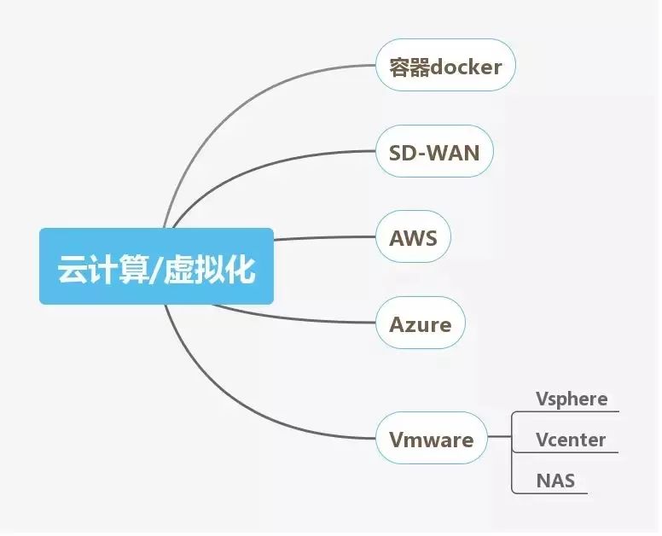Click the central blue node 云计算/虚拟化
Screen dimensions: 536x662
(156, 266)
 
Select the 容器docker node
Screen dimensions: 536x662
(445, 66)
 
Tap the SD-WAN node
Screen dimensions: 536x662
(434, 153)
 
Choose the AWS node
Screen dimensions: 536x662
(413, 237)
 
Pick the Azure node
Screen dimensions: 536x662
(420, 324)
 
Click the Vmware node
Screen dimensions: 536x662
(431, 440)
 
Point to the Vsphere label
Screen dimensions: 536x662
(572, 399)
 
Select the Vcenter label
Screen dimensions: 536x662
(571, 440)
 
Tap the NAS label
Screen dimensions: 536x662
(555, 481)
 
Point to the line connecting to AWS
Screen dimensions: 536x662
(324, 238)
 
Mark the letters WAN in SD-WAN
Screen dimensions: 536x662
(453, 153)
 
